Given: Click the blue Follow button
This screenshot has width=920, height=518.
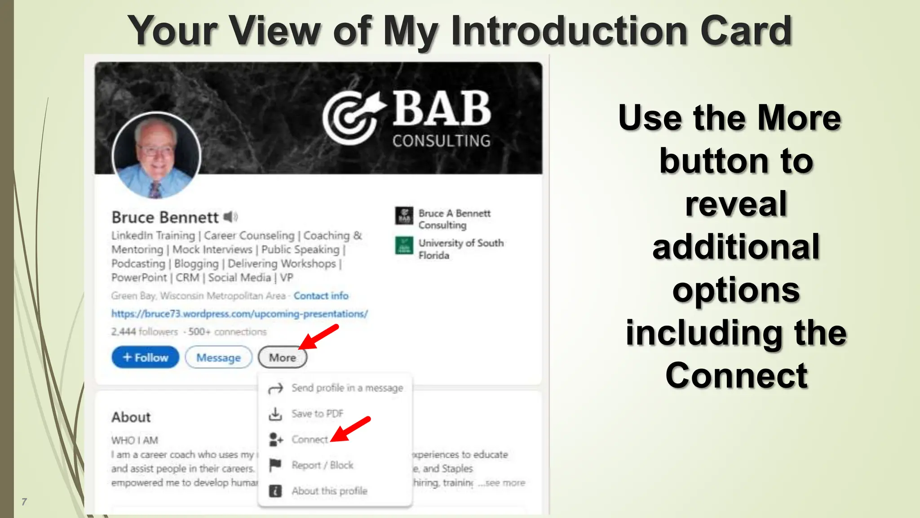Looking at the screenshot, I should click(145, 357).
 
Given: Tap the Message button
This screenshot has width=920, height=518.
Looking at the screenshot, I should click(218, 357).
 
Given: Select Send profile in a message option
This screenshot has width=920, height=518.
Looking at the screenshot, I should click(347, 388).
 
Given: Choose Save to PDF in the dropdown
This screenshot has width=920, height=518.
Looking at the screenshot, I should click(317, 414).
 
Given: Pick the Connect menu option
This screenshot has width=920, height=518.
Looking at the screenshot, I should click(310, 439).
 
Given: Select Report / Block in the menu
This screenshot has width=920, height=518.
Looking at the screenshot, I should click(322, 465).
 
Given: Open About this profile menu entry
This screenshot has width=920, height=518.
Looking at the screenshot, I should click(329, 491).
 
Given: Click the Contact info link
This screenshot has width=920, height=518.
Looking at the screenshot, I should click(321, 296).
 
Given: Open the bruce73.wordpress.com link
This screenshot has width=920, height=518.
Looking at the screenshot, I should click(239, 314).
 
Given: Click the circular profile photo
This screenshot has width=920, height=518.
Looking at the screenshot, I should click(156, 155).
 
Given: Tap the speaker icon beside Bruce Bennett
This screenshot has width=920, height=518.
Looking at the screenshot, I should click(230, 217).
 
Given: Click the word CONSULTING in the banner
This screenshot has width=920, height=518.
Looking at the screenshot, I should click(441, 141).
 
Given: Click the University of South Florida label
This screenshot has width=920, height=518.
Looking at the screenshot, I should click(460, 249).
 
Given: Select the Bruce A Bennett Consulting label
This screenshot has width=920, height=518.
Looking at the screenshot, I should click(454, 219).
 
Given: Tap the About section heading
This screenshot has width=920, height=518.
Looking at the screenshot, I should click(131, 417).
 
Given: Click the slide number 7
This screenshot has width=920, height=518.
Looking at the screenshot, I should click(24, 502).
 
